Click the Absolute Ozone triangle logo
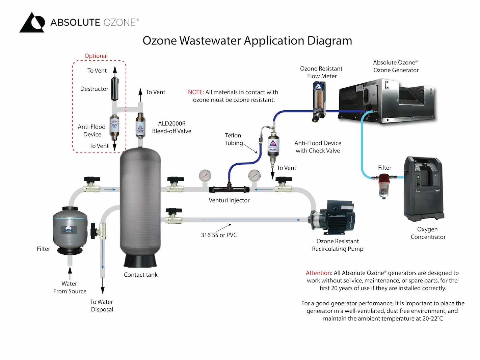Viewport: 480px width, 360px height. (x=32, y=23)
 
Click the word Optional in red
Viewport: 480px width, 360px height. (x=96, y=56)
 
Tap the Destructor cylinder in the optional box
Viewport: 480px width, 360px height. (x=115, y=89)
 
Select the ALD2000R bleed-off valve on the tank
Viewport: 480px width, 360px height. (x=140, y=126)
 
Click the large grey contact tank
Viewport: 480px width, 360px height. (x=140, y=202)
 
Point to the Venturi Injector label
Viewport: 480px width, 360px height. (x=229, y=200)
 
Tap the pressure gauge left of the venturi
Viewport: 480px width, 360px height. (x=205, y=176)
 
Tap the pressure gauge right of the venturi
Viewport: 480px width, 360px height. (x=254, y=176)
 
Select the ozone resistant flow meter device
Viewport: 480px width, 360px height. (x=318, y=101)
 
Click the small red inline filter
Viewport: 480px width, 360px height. (x=384, y=184)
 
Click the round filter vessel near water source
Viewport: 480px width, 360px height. (x=70, y=229)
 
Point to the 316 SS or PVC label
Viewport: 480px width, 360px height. (x=219, y=235)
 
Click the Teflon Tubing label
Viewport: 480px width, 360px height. (x=233, y=139)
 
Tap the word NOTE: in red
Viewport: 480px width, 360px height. (x=196, y=92)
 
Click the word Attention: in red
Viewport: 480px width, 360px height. (x=319, y=273)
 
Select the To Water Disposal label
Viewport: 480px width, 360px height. (x=102, y=305)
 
